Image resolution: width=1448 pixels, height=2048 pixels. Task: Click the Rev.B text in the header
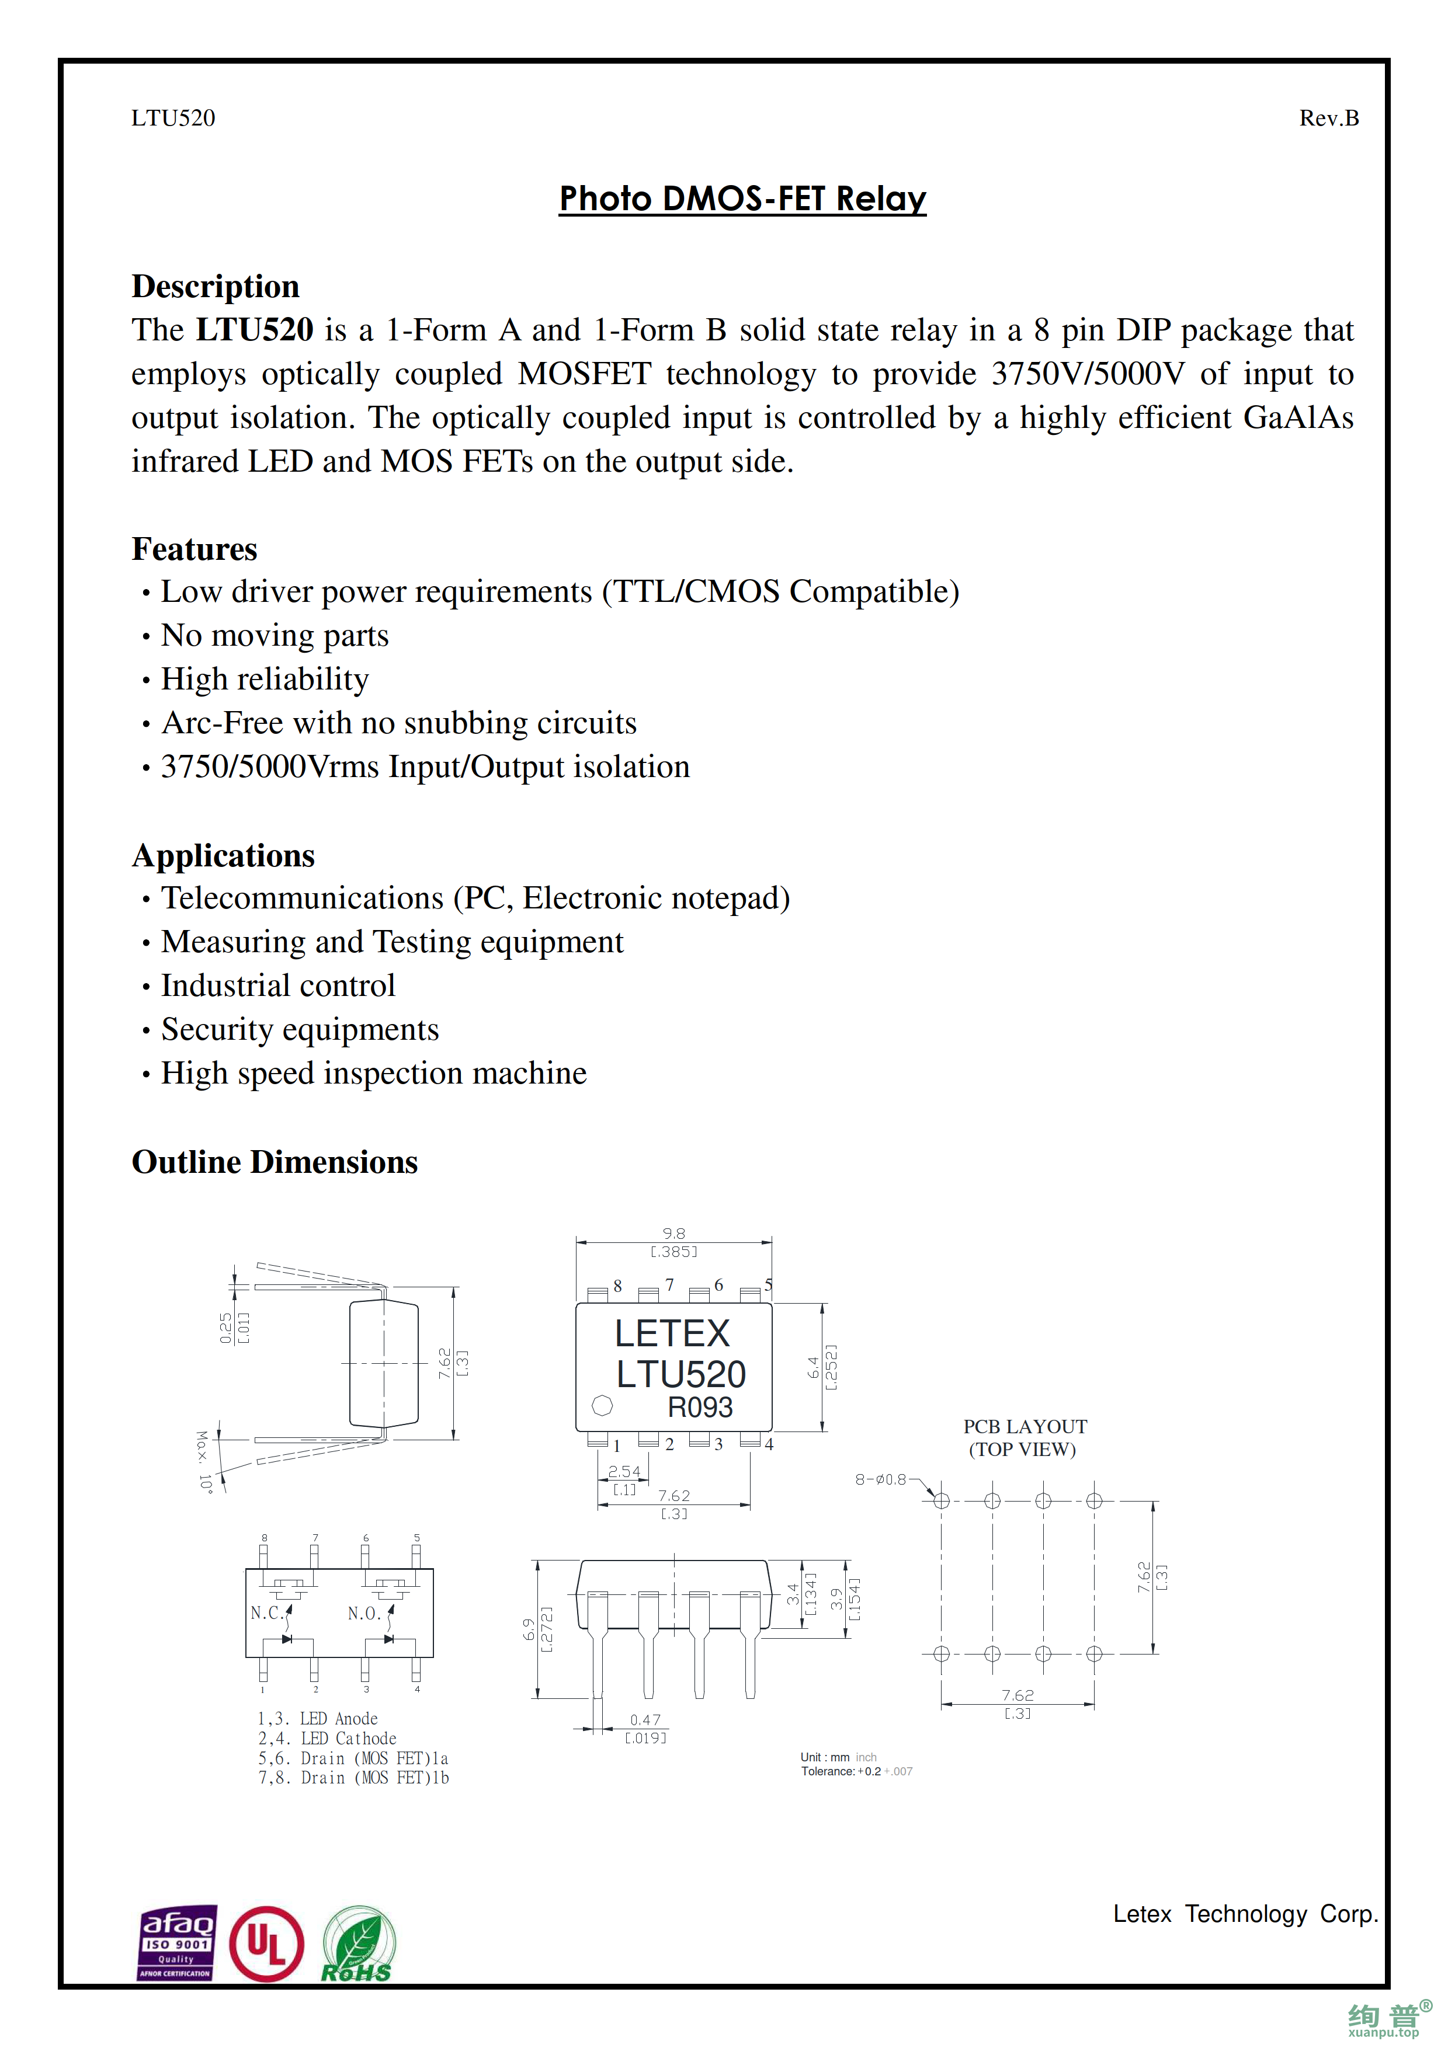(x=1328, y=118)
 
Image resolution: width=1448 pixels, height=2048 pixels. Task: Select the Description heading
(x=215, y=286)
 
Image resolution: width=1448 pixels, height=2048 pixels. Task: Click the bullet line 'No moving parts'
(x=275, y=635)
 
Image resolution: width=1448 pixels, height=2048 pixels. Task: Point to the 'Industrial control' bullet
(x=277, y=985)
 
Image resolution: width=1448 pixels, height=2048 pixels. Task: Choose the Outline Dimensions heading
(x=274, y=1162)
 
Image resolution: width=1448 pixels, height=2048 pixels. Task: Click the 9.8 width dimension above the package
(x=673, y=1234)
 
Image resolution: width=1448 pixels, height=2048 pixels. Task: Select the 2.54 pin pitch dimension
(x=624, y=1472)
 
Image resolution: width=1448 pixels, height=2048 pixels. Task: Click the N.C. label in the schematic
(x=267, y=1612)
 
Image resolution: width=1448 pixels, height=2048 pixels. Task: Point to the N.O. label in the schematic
(x=364, y=1612)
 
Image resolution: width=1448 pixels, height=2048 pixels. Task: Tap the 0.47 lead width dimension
(x=645, y=1720)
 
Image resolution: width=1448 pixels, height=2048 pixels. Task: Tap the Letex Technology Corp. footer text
(x=1245, y=1914)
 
